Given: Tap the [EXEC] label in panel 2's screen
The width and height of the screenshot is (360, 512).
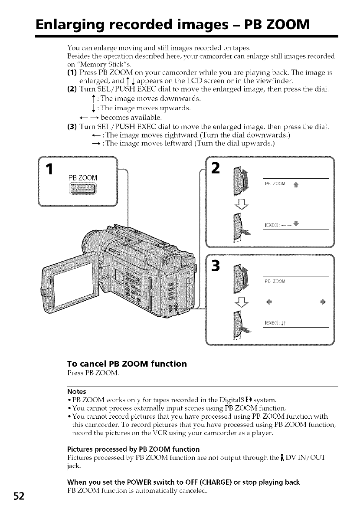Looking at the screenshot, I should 272,225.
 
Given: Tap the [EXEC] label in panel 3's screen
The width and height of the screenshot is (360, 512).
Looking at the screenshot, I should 272,322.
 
